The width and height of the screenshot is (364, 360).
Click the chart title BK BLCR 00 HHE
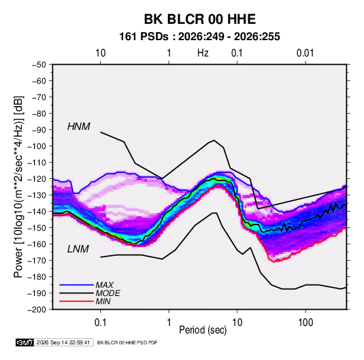[x=200, y=19]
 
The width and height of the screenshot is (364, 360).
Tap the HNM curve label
[x=79, y=127]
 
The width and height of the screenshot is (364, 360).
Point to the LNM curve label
[x=78, y=249]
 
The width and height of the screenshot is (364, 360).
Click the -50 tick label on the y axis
[x=39, y=65]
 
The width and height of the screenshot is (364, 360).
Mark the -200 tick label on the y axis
[x=37, y=310]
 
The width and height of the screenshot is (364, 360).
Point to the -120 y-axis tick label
[x=37, y=179]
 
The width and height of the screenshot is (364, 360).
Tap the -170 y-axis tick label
[x=37, y=261]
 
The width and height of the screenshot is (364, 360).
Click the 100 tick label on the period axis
[x=305, y=323]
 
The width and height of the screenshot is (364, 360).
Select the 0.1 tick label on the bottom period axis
[x=100, y=323]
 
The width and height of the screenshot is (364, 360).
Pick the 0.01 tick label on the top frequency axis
[x=305, y=53]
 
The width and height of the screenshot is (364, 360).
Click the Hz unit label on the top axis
[x=203, y=53]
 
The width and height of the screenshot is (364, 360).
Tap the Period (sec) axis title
[x=203, y=330]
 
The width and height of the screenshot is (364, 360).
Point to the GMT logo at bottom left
[x=24, y=342]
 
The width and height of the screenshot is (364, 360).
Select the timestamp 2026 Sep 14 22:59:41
[x=63, y=342]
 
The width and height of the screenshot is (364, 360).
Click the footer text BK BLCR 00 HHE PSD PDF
[x=127, y=342]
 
